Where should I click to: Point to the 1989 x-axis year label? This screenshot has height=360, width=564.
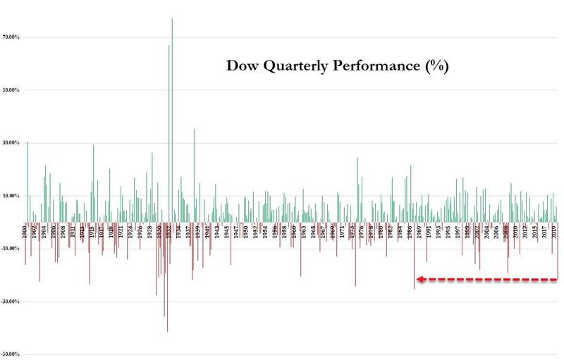pos(419,231)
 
